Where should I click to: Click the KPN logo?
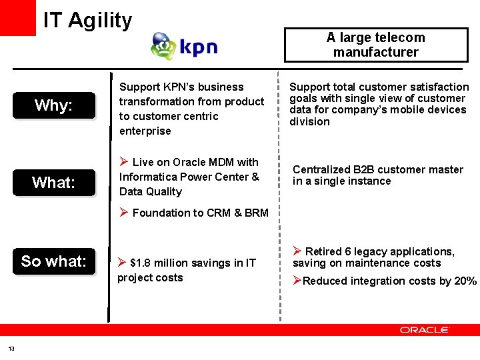(x=184, y=47)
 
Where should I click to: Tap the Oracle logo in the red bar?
(x=425, y=329)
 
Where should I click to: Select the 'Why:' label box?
(x=54, y=105)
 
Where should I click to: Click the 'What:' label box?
(x=54, y=182)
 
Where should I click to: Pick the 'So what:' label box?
(x=54, y=261)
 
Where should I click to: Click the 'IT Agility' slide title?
(x=87, y=21)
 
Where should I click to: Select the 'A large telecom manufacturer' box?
(x=375, y=45)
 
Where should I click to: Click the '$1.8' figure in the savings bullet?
(x=141, y=263)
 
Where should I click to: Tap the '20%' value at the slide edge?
(x=464, y=281)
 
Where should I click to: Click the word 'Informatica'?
(x=147, y=177)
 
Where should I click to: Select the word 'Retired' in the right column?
(x=323, y=251)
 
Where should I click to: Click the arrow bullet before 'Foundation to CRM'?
(x=123, y=213)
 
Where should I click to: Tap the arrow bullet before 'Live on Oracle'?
(x=123, y=162)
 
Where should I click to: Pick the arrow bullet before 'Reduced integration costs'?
(x=297, y=281)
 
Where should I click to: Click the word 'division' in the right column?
(x=309, y=121)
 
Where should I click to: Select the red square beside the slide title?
(x=18, y=18)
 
